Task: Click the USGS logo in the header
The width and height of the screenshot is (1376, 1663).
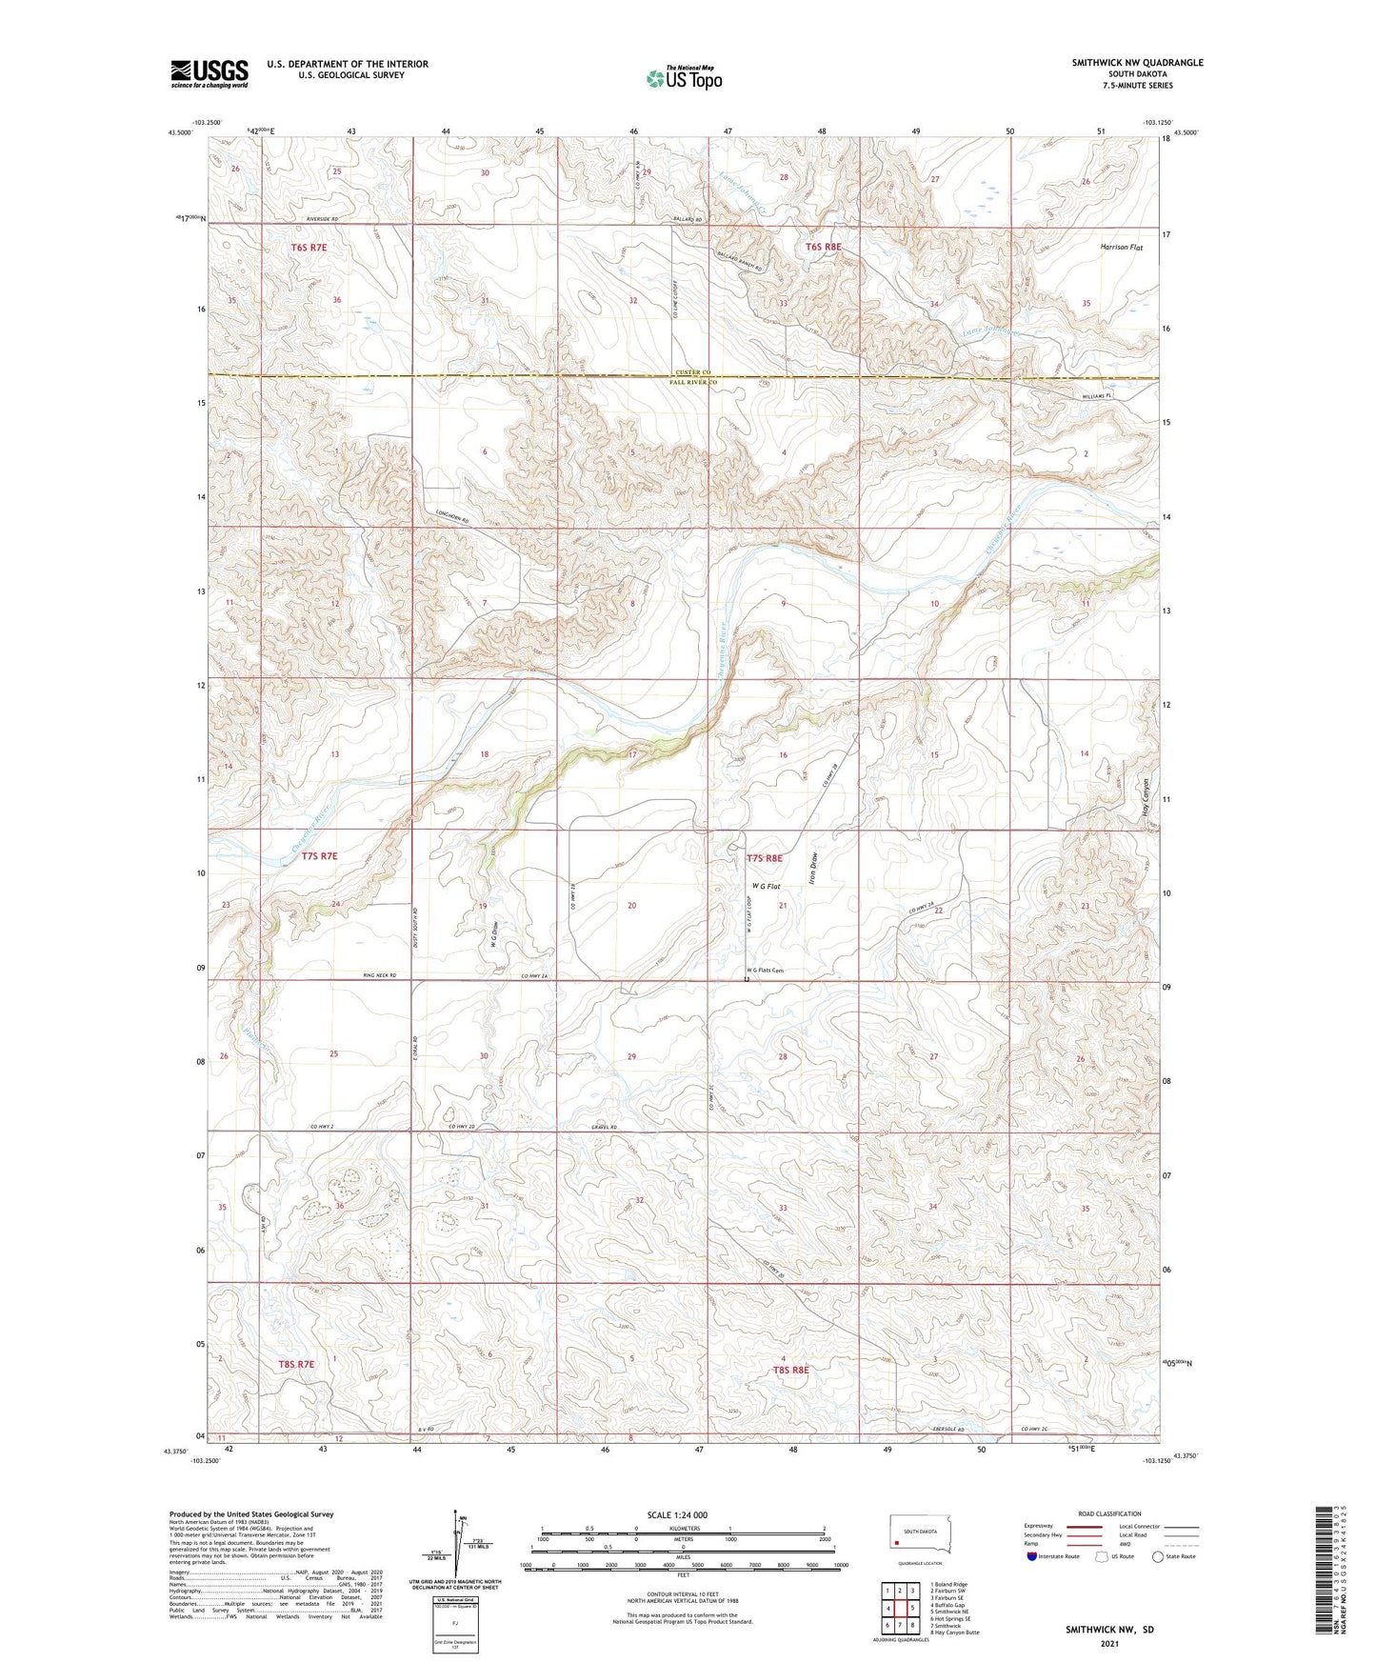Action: pyautogui.click(x=209, y=73)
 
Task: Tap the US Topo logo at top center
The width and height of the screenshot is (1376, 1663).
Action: pyautogui.click(x=683, y=78)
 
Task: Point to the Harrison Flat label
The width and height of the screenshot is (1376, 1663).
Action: pyautogui.click(x=1121, y=247)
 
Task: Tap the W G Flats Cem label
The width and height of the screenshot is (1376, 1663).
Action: pyautogui.click(x=764, y=971)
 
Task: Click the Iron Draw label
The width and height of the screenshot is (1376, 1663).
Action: pyautogui.click(x=814, y=872)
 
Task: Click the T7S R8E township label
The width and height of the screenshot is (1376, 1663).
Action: pyautogui.click(x=764, y=858)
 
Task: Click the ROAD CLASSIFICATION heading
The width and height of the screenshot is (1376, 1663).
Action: pyautogui.click(x=1110, y=1513)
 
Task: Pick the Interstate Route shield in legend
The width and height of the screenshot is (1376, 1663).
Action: pyautogui.click(x=1032, y=1556)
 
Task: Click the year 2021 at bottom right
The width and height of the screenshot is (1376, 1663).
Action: pyautogui.click(x=1108, y=1643)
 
